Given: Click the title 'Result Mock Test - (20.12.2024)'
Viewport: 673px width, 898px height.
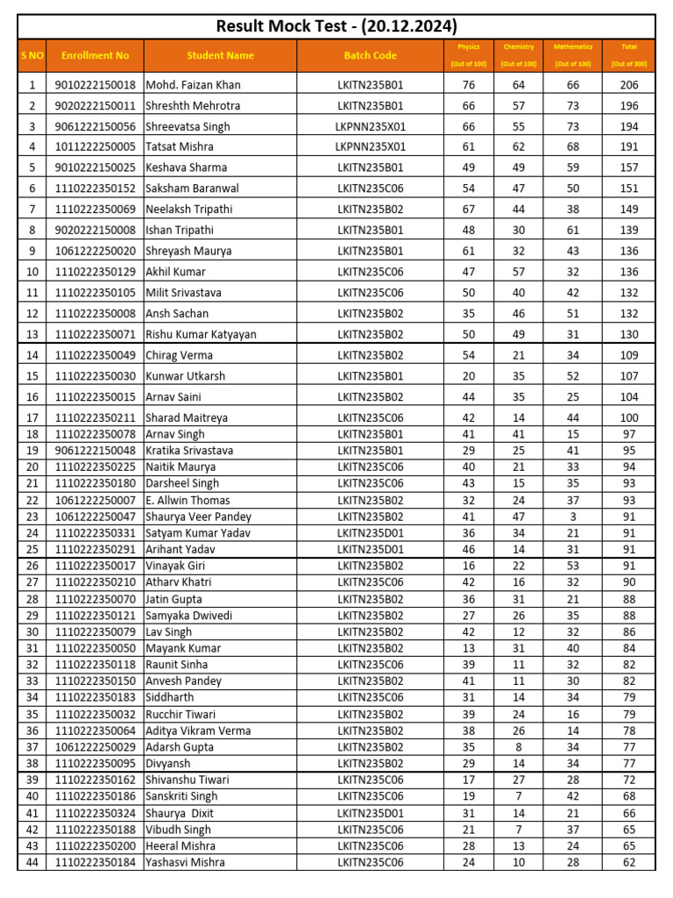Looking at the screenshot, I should click(x=336, y=26).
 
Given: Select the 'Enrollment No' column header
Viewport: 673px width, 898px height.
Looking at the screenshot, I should click(x=95, y=56).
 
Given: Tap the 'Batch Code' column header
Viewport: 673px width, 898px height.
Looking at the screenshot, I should click(x=370, y=56).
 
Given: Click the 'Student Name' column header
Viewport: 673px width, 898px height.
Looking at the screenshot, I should click(x=220, y=56).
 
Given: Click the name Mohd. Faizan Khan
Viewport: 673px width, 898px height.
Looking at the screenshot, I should click(x=193, y=85).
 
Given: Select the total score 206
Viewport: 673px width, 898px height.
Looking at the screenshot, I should click(x=628, y=85).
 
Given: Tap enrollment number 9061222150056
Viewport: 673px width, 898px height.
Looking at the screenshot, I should click(x=95, y=126).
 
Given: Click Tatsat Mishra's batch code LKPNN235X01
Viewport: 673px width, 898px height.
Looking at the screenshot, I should click(x=370, y=147).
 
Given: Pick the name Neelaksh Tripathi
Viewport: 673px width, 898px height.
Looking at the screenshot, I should click(x=189, y=210).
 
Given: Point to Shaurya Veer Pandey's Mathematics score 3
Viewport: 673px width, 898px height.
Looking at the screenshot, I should click(x=573, y=517).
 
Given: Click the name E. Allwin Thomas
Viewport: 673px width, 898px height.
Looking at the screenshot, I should click(x=188, y=501).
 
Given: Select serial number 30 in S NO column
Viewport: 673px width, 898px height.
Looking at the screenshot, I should click(x=32, y=632).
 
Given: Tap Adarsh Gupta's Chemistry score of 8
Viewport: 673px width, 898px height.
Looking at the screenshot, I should click(x=518, y=747).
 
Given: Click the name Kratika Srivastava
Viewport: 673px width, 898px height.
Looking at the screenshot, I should click(x=189, y=451).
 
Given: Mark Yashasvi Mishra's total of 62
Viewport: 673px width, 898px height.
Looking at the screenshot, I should click(x=628, y=863).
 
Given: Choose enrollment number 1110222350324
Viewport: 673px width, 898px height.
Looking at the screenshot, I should click(x=95, y=814).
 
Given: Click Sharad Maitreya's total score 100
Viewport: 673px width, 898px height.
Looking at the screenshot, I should click(x=628, y=418).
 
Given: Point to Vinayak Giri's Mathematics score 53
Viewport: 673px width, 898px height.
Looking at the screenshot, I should click(x=573, y=567).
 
